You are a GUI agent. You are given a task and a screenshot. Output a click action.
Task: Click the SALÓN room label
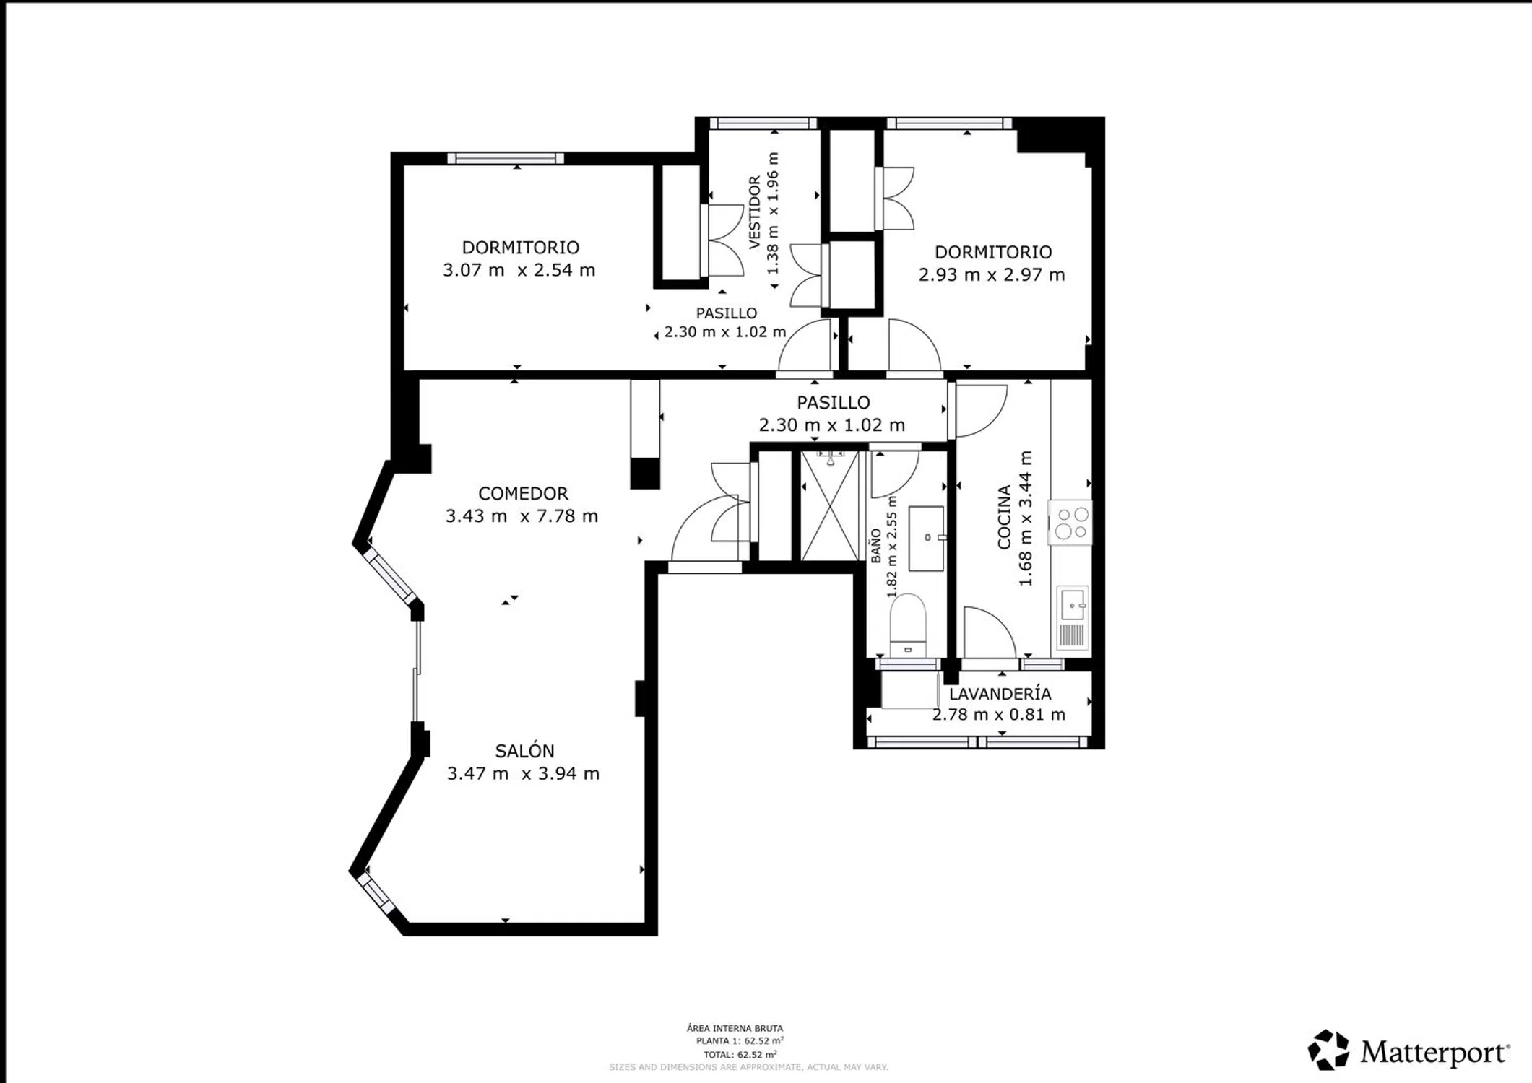(x=524, y=751)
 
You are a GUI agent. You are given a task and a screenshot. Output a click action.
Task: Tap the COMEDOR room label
(x=523, y=493)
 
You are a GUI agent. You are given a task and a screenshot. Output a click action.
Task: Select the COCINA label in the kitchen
(x=1004, y=517)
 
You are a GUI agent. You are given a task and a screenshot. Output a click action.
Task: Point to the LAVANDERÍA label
(x=1000, y=694)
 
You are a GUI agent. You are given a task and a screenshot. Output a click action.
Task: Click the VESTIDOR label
(x=754, y=212)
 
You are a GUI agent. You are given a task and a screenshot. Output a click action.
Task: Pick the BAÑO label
(x=875, y=546)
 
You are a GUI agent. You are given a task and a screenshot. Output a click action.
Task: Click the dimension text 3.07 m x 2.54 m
(x=519, y=270)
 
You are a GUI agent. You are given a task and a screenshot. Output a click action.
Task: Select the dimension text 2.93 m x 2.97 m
(x=992, y=274)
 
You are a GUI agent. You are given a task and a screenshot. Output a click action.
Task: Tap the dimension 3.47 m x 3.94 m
(x=523, y=773)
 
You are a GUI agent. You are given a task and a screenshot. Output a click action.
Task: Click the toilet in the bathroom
(x=908, y=625)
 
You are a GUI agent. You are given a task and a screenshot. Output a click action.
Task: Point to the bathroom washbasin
(x=927, y=538)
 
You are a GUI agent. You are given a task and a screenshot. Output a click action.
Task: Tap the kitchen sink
(x=1073, y=617)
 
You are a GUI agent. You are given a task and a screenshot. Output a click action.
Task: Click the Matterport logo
(x=1408, y=1051)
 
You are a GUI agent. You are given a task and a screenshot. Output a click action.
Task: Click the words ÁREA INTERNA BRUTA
(x=735, y=1028)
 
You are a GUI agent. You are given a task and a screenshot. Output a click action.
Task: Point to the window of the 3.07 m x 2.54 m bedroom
(x=506, y=158)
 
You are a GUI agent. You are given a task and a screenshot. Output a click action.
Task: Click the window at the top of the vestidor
(x=763, y=123)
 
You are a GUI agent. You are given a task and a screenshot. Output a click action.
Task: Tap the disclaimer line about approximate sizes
(x=748, y=1067)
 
